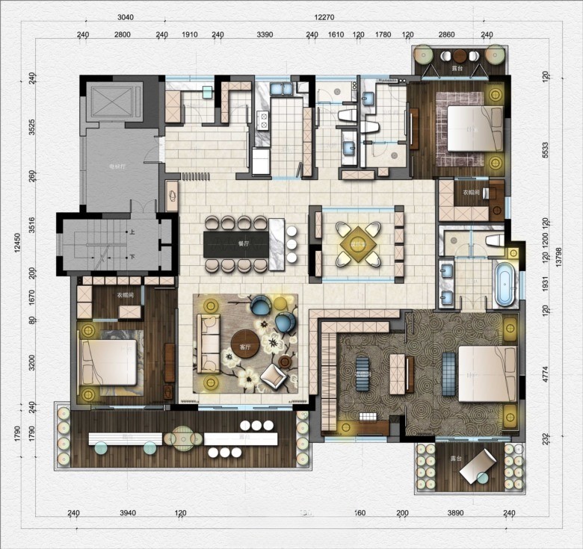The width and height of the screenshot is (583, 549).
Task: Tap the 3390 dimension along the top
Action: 265,34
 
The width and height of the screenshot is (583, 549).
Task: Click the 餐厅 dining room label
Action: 243,244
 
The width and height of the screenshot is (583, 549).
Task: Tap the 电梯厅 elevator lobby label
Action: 117,167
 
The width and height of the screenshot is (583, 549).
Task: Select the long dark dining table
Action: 235,244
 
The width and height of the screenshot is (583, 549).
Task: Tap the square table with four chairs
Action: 357,242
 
